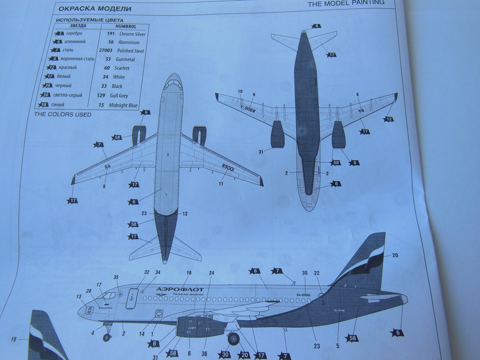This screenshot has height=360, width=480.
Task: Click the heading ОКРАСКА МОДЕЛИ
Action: pos(95,9)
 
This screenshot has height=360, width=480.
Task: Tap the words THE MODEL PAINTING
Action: pos(346,3)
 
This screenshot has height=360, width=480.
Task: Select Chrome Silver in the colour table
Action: pos(132,34)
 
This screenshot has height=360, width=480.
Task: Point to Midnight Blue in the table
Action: pos(123,105)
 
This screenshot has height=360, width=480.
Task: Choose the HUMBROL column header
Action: pos(126,26)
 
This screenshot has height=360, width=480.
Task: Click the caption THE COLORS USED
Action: pos(62,114)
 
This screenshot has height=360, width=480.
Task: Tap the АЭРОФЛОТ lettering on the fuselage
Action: pos(180,289)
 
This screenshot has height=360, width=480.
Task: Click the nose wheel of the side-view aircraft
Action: pos(107,337)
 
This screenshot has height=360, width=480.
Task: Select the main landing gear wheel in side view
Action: pos(233,338)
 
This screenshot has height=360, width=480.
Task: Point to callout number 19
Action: pos(13,339)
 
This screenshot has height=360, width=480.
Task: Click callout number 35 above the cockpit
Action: pos(116,277)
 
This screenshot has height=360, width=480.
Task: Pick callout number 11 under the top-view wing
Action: pos(220,184)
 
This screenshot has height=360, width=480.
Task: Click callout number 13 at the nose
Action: pos(78,297)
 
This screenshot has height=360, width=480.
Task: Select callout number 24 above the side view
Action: pos(211,272)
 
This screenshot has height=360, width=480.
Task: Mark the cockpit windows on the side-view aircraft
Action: pos(108,296)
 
